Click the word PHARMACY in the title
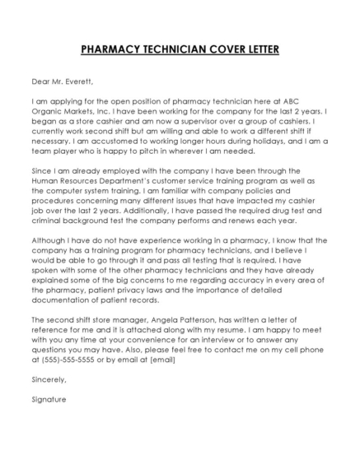click(113, 49)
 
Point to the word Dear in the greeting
click(40, 81)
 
